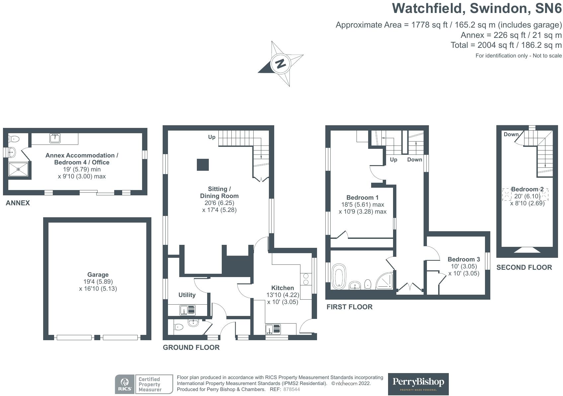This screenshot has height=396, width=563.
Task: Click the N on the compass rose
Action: point(281,63)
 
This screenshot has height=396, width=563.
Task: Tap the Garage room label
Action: point(98,275)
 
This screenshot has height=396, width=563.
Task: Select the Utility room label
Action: point(187,295)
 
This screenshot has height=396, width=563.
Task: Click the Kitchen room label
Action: point(282,288)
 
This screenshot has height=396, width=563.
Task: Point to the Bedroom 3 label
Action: point(463,259)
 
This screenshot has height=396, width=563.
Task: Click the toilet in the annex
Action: point(14,139)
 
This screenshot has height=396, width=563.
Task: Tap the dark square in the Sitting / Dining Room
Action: point(203,165)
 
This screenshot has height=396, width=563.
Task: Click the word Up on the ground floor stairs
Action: point(212,137)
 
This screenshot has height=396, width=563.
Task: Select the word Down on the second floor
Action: point(511,135)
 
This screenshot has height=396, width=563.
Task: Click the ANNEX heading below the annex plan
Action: point(18,203)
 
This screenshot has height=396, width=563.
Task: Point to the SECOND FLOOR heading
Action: point(524,267)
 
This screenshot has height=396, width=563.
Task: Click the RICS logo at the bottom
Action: point(125,384)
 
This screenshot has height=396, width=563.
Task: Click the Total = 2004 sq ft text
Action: point(506,45)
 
